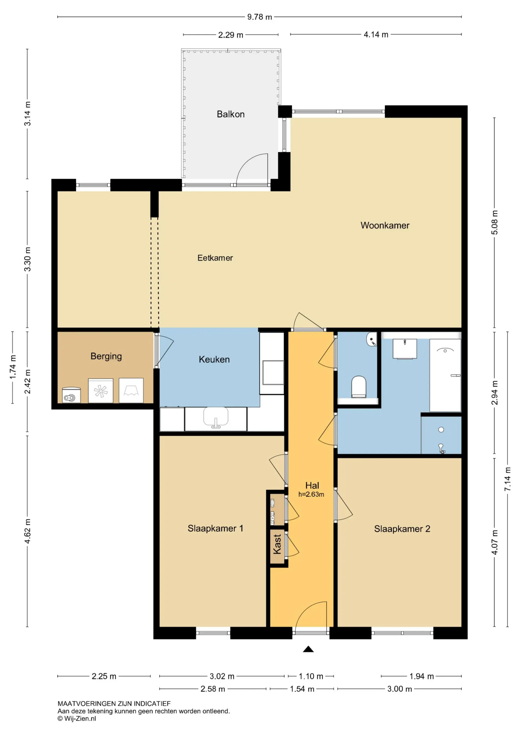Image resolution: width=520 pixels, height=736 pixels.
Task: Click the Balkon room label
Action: [231, 114]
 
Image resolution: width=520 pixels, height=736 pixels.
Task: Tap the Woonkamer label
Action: [385, 225]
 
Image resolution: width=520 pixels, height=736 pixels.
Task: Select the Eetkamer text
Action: [215, 258]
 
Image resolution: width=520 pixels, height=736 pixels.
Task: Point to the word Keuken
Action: [214, 359]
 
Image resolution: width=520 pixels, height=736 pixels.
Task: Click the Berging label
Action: [106, 356]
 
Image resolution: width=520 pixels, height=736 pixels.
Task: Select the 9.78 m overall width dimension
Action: [260, 17]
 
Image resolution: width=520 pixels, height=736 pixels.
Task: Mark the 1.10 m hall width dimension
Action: [311, 676]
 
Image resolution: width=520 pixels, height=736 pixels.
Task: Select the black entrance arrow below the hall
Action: [308, 649]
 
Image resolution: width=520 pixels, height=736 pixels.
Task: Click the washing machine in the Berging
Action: [101, 391]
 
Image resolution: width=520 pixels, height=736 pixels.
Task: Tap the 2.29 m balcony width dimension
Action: [231, 35]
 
